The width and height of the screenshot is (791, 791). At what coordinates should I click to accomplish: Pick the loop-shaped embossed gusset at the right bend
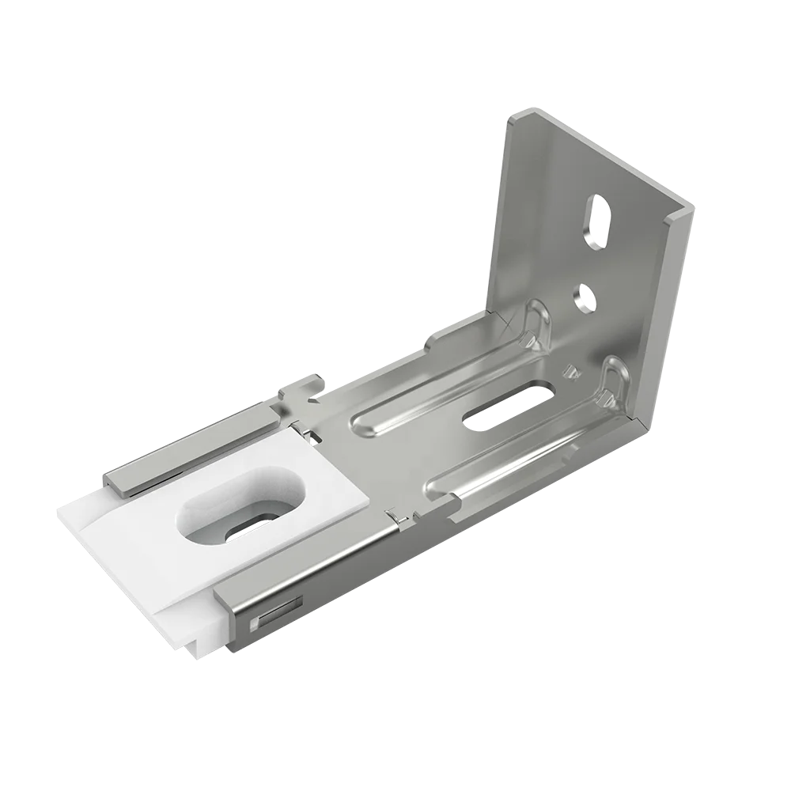point(613,380)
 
